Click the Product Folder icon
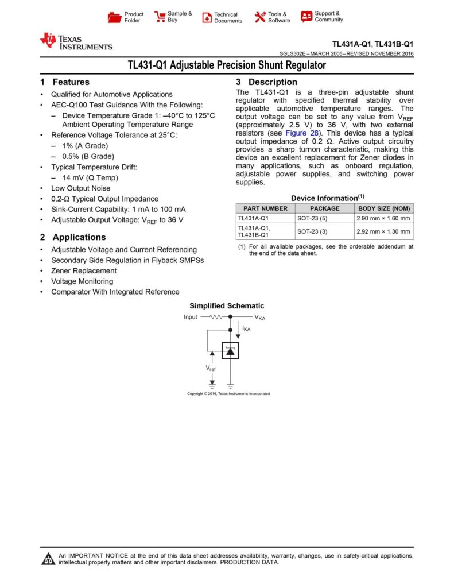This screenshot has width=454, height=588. (x=114, y=17)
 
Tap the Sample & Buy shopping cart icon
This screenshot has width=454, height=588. (x=160, y=17)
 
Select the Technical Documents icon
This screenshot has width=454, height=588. (x=207, y=17)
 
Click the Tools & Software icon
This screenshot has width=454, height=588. (x=260, y=17)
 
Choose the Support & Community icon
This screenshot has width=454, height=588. (x=306, y=17)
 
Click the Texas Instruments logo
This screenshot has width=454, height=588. (x=76, y=41)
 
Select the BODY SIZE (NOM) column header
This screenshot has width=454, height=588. (x=384, y=208)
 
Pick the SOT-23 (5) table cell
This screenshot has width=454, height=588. (x=312, y=219)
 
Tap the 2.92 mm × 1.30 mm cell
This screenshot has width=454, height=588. (x=383, y=232)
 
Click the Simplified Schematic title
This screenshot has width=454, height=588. (x=227, y=306)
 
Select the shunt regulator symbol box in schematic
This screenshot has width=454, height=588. (x=230, y=350)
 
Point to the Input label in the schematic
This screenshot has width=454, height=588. (x=191, y=317)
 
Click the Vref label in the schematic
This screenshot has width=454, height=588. (x=211, y=367)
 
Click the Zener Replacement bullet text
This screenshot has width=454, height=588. (x=84, y=270)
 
